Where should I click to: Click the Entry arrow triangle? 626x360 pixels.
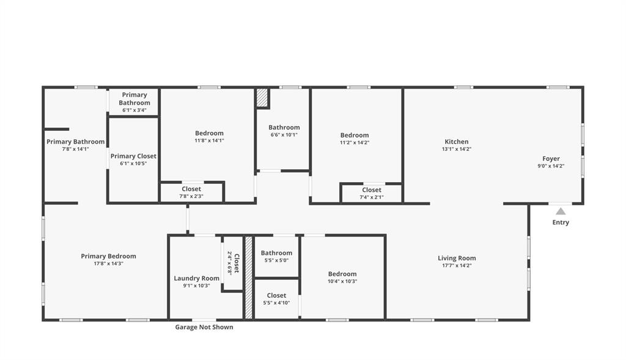point(561,211)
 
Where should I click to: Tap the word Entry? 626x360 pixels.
point(561,222)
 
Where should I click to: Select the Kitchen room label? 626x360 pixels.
point(457,142)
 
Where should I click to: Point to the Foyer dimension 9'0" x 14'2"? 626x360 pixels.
point(551,166)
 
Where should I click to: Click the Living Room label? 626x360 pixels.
point(457,258)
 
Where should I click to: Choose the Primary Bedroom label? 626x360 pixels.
point(108,256)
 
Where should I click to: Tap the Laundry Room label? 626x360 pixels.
point(196,279)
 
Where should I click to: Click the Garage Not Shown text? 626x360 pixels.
point(204,327)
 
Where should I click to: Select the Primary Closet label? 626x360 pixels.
point(133,156)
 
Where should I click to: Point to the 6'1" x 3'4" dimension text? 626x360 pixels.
point(134,111)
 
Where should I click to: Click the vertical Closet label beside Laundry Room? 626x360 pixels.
point(237,262)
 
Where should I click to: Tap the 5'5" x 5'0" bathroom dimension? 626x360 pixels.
point(276,260)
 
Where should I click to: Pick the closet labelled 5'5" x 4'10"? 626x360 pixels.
point(276,299)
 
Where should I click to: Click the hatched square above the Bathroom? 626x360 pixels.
point(262,98)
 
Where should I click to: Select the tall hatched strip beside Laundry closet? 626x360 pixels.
point(249,277)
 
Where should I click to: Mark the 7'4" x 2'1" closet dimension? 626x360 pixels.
point(372,197)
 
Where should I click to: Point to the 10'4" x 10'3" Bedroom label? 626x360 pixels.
point(342,277)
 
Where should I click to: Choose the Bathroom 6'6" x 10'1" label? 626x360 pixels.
point(284,131)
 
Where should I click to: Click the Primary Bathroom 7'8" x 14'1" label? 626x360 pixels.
point(75,145)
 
